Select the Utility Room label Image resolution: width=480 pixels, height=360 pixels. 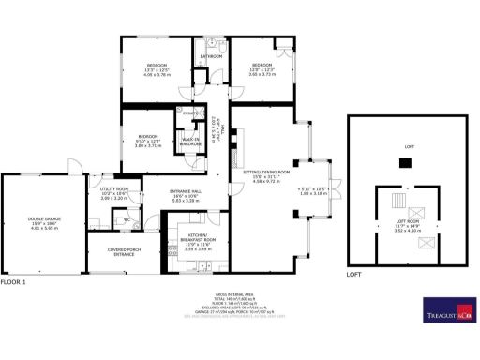113,194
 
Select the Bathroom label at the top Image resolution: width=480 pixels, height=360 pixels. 210,57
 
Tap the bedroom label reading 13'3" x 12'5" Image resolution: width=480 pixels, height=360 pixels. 155,68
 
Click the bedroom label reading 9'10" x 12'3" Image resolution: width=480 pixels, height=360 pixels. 148,141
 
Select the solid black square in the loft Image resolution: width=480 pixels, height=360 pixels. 405,163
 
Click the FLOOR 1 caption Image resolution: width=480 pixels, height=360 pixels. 13,281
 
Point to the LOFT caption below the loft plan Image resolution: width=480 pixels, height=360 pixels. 353,275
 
